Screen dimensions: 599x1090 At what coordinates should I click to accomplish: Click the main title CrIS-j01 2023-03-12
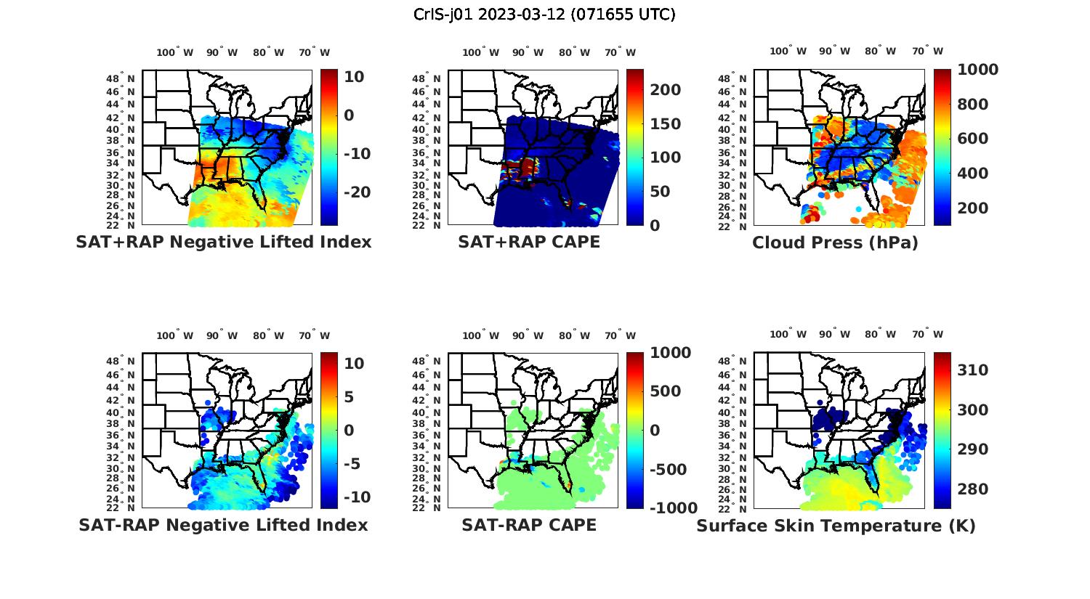[x=544, y=14]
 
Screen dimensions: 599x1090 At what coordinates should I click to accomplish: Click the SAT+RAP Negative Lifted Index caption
[x=223, y=242]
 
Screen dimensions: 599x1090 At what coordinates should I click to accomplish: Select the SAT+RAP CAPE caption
[x=529, y=242]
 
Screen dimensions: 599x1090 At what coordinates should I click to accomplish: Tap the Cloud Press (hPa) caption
[x=835, y=243]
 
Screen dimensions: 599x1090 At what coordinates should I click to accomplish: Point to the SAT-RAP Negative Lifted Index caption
[x=223, y=525]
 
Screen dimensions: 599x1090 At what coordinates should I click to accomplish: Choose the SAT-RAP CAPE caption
[x=529, y=525]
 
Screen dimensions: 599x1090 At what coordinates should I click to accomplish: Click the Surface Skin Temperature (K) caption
[x=836, y=526]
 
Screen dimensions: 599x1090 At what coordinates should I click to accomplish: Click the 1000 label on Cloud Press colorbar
[x=977, y=70]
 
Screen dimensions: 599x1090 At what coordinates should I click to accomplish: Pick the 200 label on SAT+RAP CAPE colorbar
[x=665, y=90]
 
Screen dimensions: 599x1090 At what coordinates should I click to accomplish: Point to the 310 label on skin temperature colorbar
[x=972, y=370]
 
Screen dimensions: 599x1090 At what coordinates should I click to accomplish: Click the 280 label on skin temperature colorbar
[x=972, y=489]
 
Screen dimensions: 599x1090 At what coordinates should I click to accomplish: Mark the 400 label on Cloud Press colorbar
[x=972, y=174]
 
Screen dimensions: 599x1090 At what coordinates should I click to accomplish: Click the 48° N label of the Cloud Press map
[x=741, y=78]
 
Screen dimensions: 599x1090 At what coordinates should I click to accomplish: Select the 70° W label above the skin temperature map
[x=928, y=335]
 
